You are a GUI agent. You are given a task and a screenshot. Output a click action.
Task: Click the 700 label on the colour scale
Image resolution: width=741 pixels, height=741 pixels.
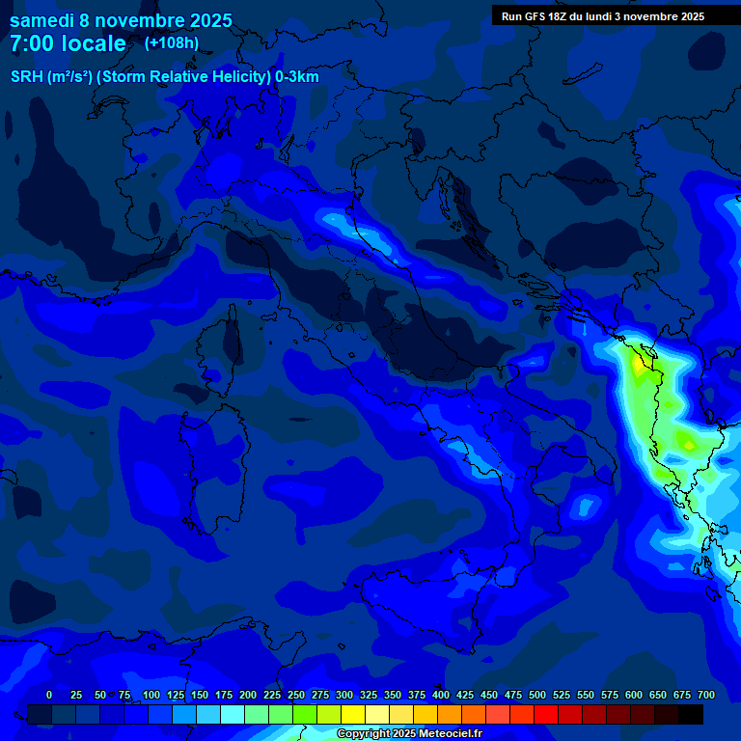point(706,695)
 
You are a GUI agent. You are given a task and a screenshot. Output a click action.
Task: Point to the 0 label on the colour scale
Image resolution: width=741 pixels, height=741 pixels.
point(49,695)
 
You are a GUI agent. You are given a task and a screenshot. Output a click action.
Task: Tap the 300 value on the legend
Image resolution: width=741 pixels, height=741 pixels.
point(344,695)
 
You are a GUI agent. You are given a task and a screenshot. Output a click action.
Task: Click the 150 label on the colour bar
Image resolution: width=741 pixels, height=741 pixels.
point(200,695)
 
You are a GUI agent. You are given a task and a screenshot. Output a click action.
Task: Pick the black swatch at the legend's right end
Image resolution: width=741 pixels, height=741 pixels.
point(691,714)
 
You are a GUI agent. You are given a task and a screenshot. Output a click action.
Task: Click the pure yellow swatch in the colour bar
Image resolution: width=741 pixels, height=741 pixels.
point(353,714)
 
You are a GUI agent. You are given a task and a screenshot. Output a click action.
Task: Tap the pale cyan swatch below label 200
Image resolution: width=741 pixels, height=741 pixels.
point(233,714)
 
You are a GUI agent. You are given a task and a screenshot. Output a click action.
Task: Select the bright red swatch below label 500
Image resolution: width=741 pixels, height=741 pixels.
point(546,714)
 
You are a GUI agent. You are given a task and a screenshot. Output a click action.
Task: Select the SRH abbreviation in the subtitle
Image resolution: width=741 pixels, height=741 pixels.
point(26,77)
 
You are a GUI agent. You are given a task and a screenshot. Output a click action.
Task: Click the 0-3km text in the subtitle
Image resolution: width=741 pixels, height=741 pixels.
point(297,77)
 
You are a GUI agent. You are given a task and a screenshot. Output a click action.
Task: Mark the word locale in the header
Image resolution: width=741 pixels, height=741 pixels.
point(95,43)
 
